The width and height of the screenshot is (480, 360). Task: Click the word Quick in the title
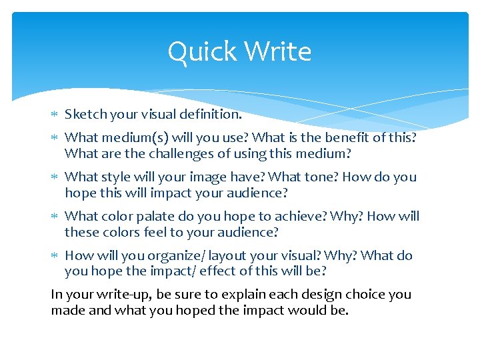(199, 52)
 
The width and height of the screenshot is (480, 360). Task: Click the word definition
(209, 114)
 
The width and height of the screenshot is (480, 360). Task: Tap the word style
(115, 177)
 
